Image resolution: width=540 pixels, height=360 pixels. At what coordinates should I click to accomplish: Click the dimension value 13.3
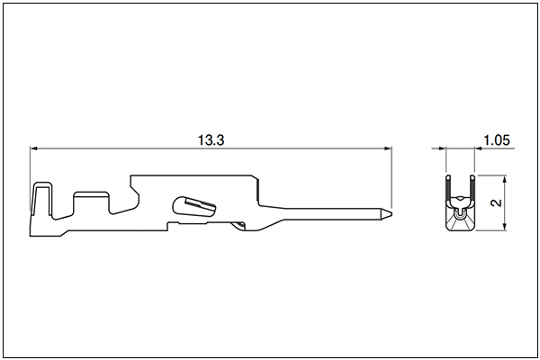click(211, 140)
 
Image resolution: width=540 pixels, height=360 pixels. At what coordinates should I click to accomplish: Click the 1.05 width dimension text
click(497, 140)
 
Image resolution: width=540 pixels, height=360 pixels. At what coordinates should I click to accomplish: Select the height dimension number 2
click(496, 202)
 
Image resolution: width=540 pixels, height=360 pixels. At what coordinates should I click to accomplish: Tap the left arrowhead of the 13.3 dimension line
click(34, 148)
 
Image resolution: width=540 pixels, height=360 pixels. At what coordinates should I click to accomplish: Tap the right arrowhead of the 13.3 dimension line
click(388, 148)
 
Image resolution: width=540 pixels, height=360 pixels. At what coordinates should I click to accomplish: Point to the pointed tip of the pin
click(391, 213)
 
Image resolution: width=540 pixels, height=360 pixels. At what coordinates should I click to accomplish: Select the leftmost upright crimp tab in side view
click(42, 200)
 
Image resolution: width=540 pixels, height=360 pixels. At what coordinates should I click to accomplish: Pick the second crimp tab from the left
click(91, 202)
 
